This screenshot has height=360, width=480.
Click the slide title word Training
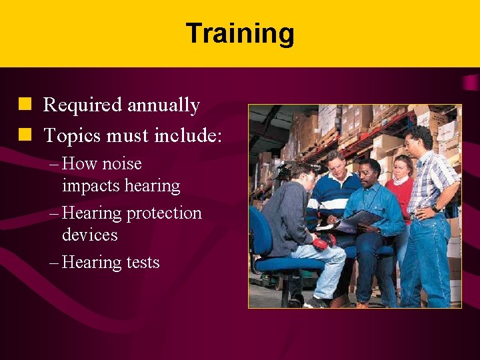click(x=240, y=33)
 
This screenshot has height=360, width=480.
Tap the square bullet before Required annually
click(x=25, y=105)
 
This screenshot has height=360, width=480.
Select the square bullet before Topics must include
click(x=25, y=135)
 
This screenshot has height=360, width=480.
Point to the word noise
click(x=122, y=164)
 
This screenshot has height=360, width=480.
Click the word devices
click(x=90, y=235)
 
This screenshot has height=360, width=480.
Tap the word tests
click(x=141, y=263)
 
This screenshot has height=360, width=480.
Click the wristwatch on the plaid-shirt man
click(x=437, y=208)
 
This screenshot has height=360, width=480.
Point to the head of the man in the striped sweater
click(x=335, y=163)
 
